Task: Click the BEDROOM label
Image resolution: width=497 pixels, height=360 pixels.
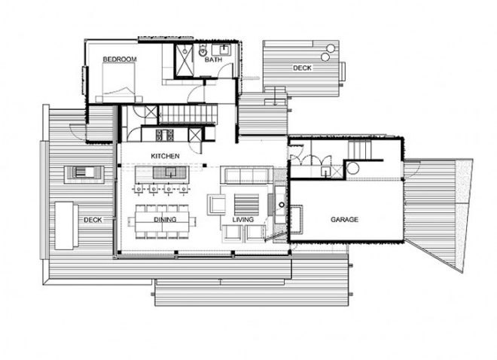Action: (x=120, y=59)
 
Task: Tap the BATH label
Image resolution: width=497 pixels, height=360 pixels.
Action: (x=213, y=59)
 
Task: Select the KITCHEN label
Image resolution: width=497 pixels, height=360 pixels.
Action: (x=165, y=156)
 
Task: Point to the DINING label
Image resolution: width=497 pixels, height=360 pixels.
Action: (x=165, y=220)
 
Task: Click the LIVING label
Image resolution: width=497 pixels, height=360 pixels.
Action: (x=243, y=220)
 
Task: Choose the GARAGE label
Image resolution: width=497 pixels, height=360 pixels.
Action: (x=345, y=219)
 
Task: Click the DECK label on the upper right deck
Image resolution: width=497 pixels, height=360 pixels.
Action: (x=302, y=68)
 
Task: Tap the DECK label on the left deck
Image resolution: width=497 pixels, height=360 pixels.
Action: (x=93, y=220)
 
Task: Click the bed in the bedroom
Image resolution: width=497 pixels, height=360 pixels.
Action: (x=119, y=83)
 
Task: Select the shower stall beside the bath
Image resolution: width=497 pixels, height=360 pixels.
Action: (x=184, y=60)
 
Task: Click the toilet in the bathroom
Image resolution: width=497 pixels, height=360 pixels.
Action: (x=203, y=50)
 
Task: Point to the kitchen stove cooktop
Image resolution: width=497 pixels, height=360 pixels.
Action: (x=165, y=135)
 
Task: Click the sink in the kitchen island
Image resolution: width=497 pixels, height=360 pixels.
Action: (x=170, y=172)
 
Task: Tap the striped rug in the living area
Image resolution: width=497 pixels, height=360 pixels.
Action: (x=246, y=204)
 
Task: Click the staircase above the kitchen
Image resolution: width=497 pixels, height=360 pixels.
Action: (x=188, y=114)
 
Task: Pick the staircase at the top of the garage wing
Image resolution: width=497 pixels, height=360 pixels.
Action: (x=359, y=150)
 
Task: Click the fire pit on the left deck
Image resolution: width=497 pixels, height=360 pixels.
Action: (x=84, y=172)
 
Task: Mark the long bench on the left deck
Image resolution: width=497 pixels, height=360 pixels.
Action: (x=66, y=225)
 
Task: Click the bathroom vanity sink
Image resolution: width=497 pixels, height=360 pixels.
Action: (x=224, y=49)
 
